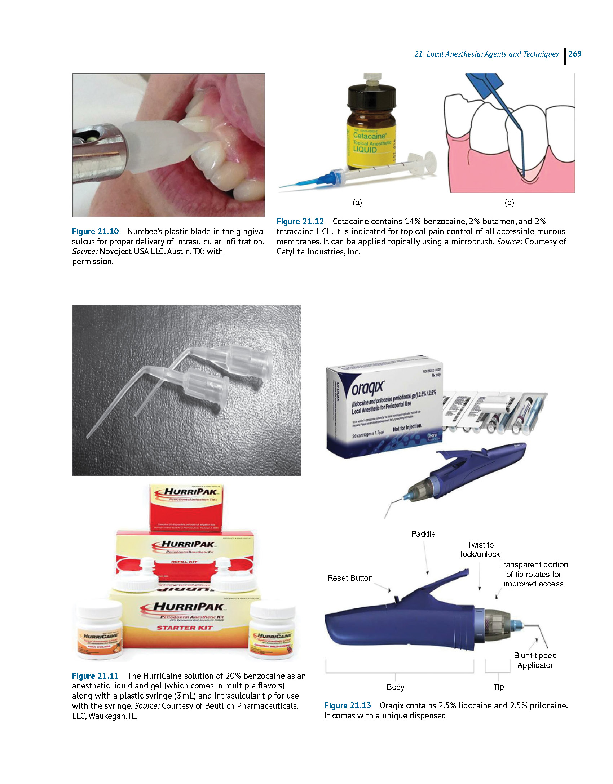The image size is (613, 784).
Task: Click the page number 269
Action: [575, 54]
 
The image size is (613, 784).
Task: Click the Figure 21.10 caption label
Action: [95, 231]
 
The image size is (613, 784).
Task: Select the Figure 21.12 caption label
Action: [300, 221]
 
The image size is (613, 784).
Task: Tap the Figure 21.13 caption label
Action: [348, 705]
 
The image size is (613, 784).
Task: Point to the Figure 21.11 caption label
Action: [95, 676]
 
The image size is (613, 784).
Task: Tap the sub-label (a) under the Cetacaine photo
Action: [357, 203]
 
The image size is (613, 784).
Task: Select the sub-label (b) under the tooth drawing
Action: [509, 203]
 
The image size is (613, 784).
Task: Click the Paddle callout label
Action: [423, 534]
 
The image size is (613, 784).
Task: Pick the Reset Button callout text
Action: [350, 578]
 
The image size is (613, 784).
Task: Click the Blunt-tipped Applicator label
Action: [535, 660]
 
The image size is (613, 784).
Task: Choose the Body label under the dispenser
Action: [395, 687]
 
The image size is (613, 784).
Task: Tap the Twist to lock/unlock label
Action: [480, 549]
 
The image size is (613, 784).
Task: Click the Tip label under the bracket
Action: [498, 687]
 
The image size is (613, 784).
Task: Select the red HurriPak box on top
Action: [186, 507]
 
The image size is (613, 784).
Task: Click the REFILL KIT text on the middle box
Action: [184, 562]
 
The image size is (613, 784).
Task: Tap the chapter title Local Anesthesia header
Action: [487, 54]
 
